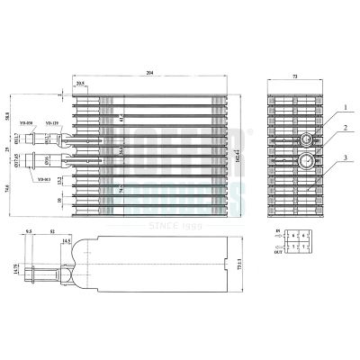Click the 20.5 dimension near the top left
pyautogui.click(x=81, y=84)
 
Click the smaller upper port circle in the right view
pyautogui.click(x=307, y=139)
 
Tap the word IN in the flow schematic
pyautogui.click(x=277, y=234)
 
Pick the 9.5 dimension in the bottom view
pyautogui.click(x=28, y=231)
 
